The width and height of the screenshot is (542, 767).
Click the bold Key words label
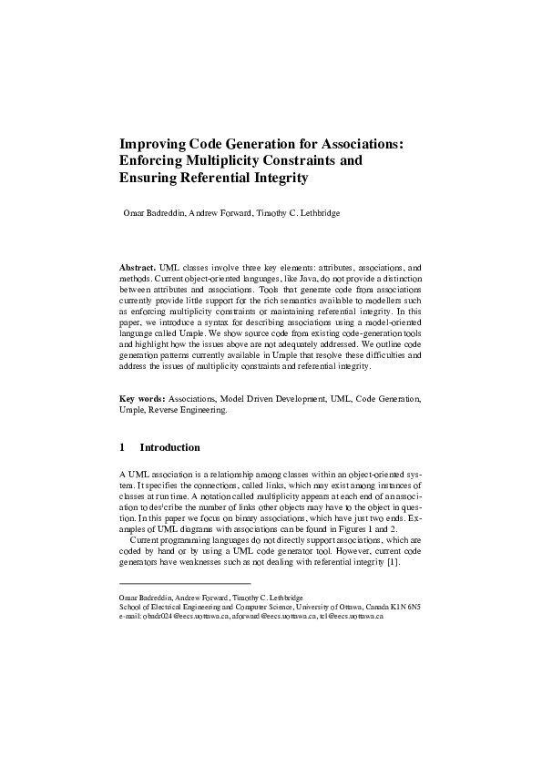(142, 398)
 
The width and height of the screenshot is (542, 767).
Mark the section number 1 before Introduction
(122, 447)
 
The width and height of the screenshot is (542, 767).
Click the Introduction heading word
(169, 447)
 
